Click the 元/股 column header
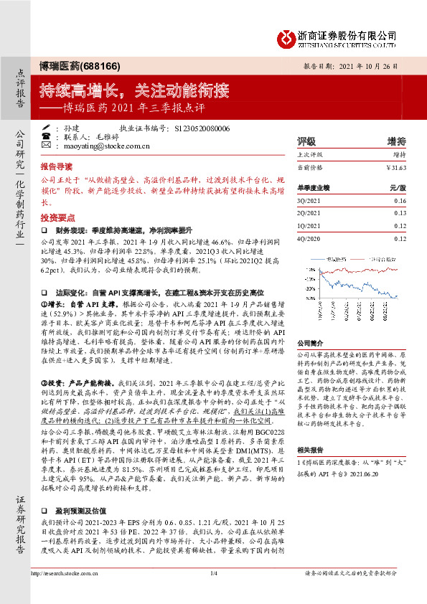[398, 187]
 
